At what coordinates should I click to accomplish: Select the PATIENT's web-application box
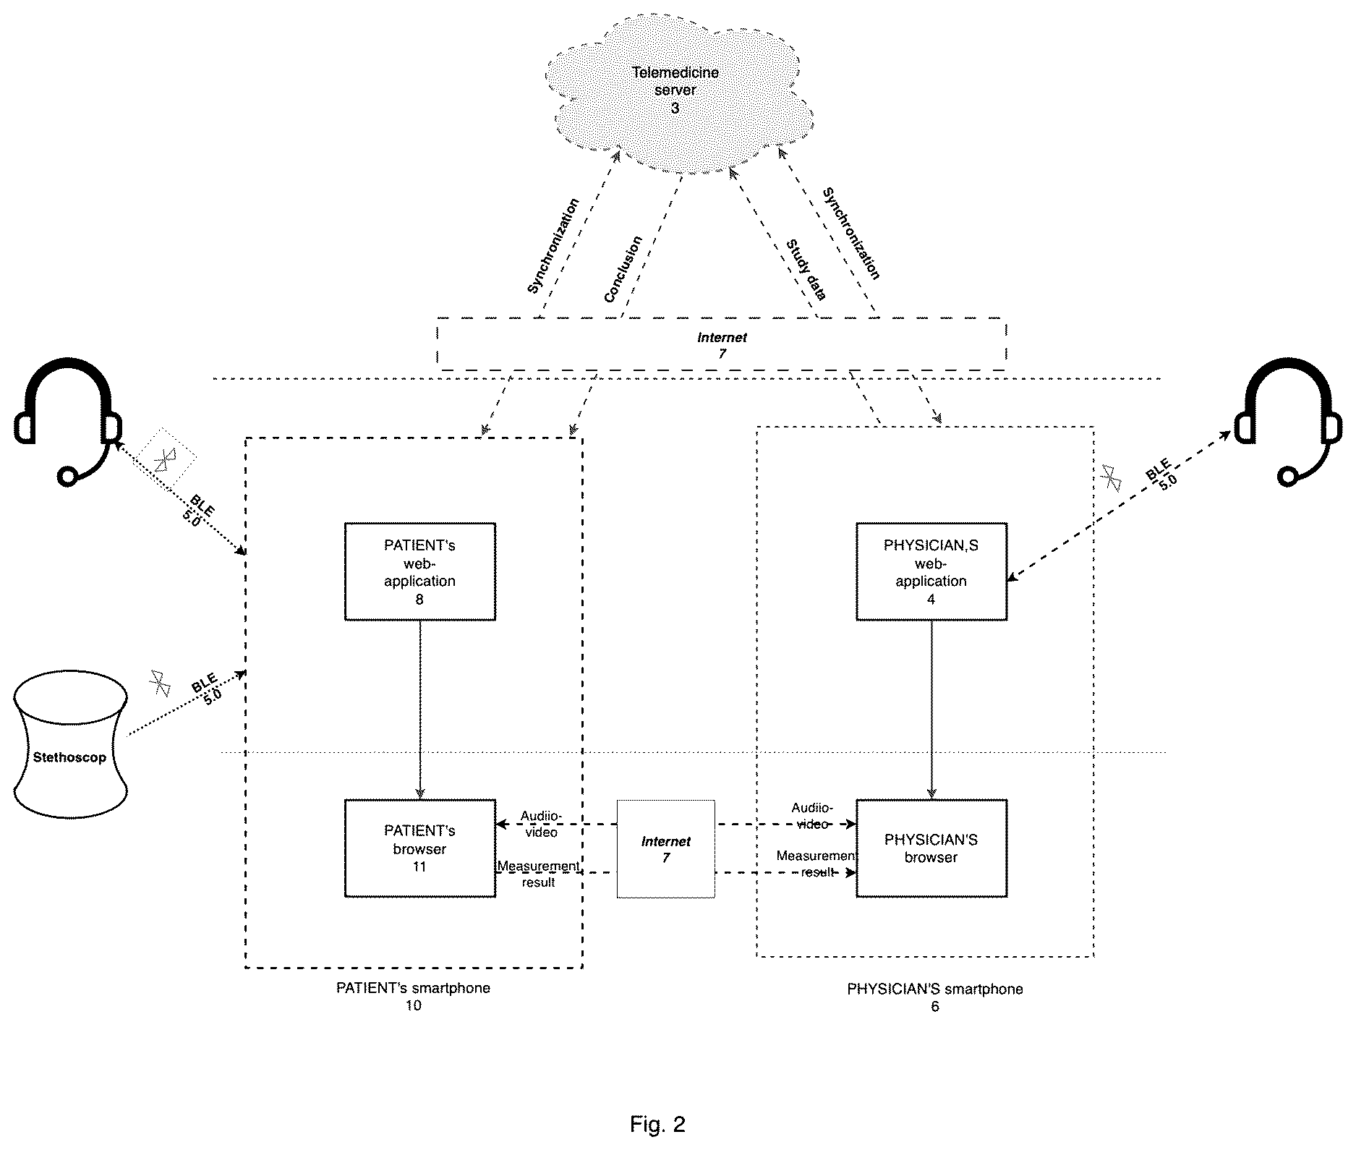[x=420, y=571]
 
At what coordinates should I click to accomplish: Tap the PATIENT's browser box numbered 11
[x=420, y=848]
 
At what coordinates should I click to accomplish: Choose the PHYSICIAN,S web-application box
[x=931, y=571]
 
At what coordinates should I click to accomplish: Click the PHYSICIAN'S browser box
[x=931, y=848]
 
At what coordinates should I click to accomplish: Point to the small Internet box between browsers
[x=666, y=848]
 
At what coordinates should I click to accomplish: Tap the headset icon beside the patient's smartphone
[x=67, y=420]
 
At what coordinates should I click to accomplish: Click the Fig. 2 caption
[x=657, y=1124]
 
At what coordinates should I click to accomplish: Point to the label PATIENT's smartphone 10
[x=413, y=997]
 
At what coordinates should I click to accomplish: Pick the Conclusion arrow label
[x=623, y=269]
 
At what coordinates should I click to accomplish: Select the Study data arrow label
[x=807, y=269]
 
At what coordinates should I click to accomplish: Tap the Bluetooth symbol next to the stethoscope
[x=159, y=683]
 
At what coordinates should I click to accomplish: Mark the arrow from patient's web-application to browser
[x=420, y=710]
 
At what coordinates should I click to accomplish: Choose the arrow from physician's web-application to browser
[x=931, y=710]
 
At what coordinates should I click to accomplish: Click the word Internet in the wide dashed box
[x=722, y=338]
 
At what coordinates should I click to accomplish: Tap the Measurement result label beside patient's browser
[x=538, y=874]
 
